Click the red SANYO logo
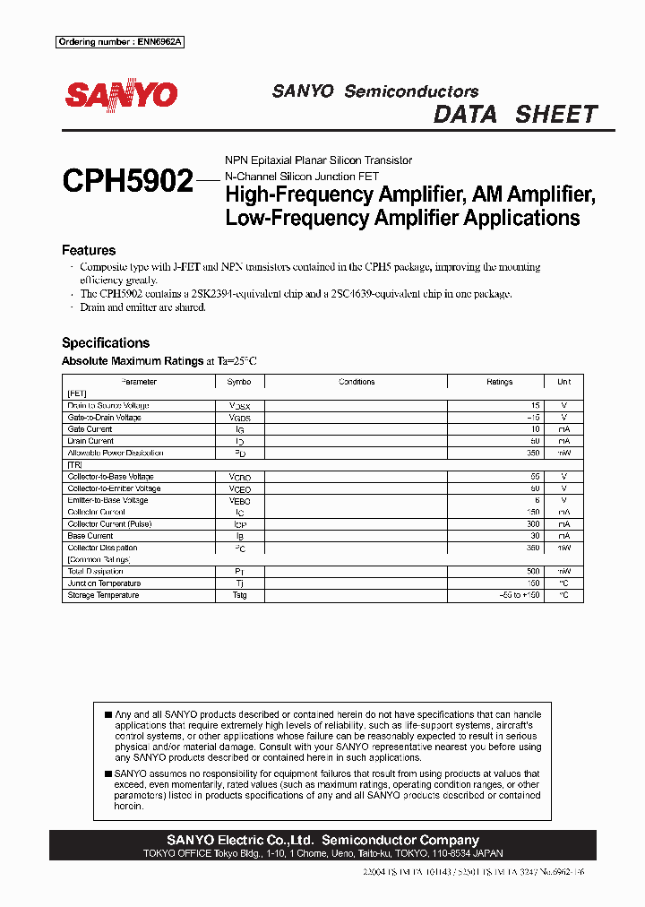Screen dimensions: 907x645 (121, 95)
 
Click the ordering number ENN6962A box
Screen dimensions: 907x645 (120, 42)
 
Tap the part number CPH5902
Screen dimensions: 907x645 (127, 182)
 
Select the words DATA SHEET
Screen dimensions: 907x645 (514, 115)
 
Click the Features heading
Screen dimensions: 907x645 (89, 250)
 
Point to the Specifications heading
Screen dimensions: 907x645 (105, 342)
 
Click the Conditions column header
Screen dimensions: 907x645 (357, 382)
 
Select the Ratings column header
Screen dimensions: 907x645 (499, 382)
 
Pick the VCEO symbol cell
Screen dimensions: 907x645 (239, 488)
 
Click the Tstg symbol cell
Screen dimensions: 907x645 (239, 595)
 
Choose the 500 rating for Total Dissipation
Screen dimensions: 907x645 (534, 571)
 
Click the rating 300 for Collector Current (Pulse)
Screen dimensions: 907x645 (534, 523)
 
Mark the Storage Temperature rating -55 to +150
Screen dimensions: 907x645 (520, 595)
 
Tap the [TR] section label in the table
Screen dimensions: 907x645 (73, 464)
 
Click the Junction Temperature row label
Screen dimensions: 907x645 (104, 583)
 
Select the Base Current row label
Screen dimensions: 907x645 (90, 536)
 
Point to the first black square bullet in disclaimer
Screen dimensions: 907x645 (108, 715)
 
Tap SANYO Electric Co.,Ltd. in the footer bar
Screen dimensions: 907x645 (240, 840)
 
